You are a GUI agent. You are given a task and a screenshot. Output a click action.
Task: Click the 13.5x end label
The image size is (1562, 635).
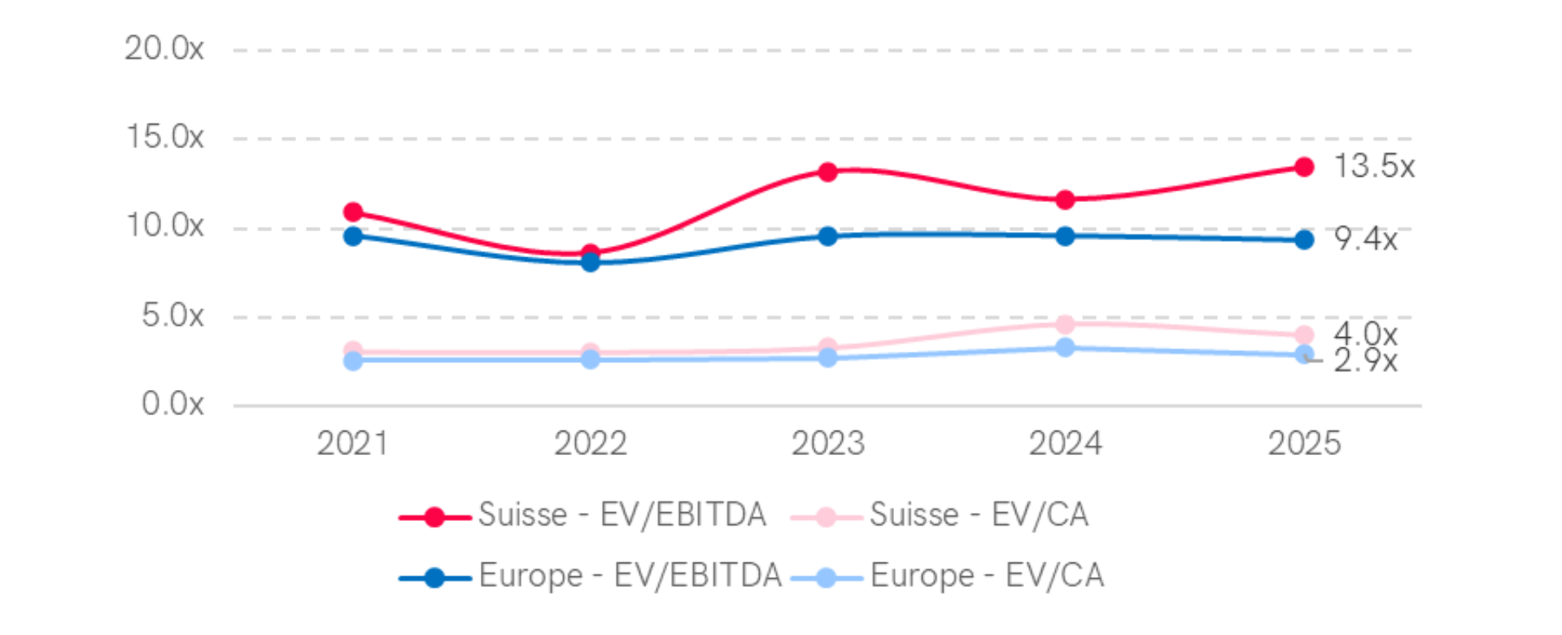pyautogui.click(x=1373, y=166)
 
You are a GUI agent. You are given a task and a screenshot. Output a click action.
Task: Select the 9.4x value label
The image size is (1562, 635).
pyautogui.click(x=1365, y=239)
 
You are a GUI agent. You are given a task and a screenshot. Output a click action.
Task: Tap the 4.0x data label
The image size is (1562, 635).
pyautogui.click(x=1365, y=334)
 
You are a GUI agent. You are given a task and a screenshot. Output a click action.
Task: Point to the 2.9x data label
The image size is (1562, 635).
pyautogui.click(x=1365, y=361)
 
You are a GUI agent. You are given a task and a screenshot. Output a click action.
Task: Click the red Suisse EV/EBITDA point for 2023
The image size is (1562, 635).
pyautogui.click(x=827, y=172)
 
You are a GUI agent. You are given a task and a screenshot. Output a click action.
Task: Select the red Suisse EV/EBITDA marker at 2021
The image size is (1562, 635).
pyautogui.click(x=353, y=212)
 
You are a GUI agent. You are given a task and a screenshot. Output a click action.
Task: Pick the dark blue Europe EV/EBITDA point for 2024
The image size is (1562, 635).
pyautogui.click(x=1065, y=236)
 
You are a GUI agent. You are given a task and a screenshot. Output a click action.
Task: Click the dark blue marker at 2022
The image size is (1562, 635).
pyautogui.click(x=591, y=262)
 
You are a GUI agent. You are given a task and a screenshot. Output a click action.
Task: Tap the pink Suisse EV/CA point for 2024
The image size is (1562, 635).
pyautogui.click(x=1065, y=324)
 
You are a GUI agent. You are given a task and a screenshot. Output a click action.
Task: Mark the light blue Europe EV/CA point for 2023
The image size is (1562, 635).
pyautogui.click(x=827, y=357)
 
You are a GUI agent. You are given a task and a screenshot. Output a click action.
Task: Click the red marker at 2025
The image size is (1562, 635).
pyautogui.click(x=1303, y=167)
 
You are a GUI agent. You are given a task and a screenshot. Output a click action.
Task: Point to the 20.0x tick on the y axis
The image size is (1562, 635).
pyautogui.click(x=164, y=49)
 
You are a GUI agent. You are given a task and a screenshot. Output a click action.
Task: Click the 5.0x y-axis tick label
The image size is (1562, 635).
pyautogui.click(x=172, y=315)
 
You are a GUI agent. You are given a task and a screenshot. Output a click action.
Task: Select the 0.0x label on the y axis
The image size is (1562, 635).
pyautogui.click(x=172, y=404)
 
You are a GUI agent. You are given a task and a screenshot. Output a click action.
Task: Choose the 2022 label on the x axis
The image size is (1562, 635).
pyautogui.click(x=591, y=444)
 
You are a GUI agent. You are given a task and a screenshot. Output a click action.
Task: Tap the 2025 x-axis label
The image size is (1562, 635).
pyautogui.click(x=1303, y=444)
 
